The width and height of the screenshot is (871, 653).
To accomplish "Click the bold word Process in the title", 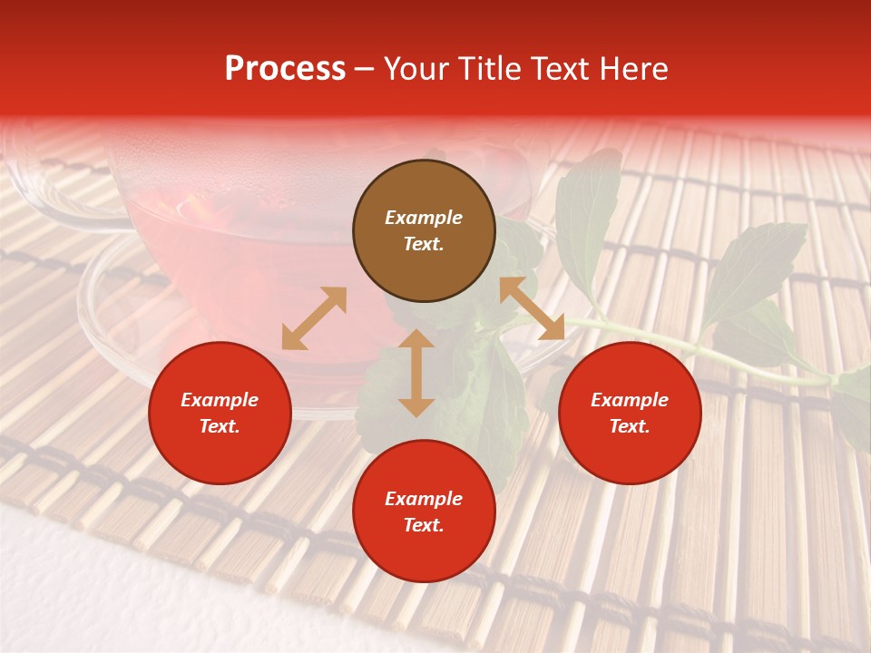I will point(285,69).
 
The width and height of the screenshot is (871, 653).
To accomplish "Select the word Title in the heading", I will point(496,69).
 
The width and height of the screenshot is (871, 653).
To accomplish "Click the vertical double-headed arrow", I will point(416,373).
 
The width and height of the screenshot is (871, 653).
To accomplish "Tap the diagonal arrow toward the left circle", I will point(314,318).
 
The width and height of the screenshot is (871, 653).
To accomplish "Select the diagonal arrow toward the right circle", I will point(532,308).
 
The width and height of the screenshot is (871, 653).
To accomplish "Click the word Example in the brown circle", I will point(424,218).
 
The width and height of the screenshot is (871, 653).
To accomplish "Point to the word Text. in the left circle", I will point(220,426).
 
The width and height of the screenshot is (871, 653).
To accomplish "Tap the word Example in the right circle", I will point(630,400).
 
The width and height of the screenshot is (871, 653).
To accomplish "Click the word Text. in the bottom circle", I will point(424,525).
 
